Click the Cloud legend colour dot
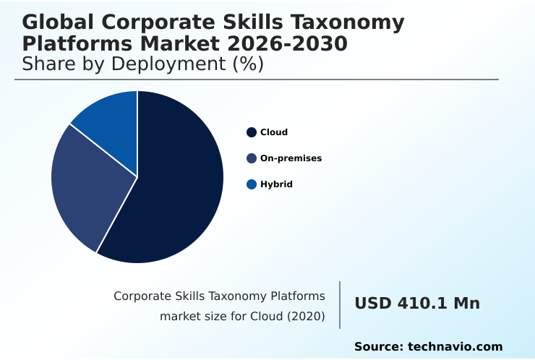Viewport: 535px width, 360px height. (252, 132)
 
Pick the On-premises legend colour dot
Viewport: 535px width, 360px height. (252, 158)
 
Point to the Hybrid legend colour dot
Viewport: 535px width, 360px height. (252, 184)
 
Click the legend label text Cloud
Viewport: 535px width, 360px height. (274, 132)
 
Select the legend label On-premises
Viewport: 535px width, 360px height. (291, 158)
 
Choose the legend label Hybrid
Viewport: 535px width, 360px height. (276, 184)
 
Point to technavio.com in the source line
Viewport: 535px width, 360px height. (455, 347)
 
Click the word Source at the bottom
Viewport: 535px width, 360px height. (378, 347)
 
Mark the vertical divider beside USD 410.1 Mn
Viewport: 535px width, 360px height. (340, 305)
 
